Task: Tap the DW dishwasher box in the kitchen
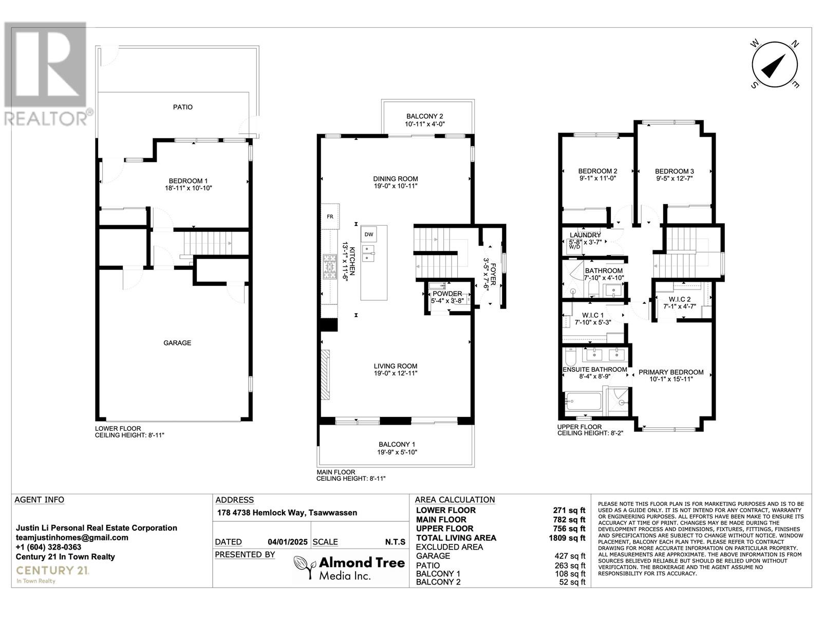pyautogui.click(x=368, y=234)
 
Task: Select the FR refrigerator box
pyautogui.click(x=330, y=216)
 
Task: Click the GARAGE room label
pyautogui.click(x=177, y=343)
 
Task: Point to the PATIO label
pyautogui.click(x=183, y=107)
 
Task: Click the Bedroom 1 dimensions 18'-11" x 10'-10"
pyautogui.click(x=189, y=188)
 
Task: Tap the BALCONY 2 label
pyautogui.click(x=425, y=117)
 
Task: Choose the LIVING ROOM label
pyautogui.click(x=396, y=366)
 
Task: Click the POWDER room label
pyautogui.click(x=447, y=294)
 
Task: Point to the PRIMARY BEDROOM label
pyautogui.click(x=671, y=372)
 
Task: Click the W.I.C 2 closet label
pyautogui.click(x=679, y=299)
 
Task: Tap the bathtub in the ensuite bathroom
pyautogui.click(x=583, y=402)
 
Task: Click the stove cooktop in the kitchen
pyautogui.click(x=329, y=266)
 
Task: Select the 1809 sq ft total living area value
pyautogui.click(x=567, y=538)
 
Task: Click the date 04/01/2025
pyautogui.click(x=288, y=542)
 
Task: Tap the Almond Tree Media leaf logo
pyautogui.click(x=305, y=568)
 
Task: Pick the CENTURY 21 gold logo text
pyautogui.click(x=52, y=571)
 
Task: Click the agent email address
pyautogui.click(x=72, y=538)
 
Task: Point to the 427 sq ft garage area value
pyautogui.click(x=570, y=556)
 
